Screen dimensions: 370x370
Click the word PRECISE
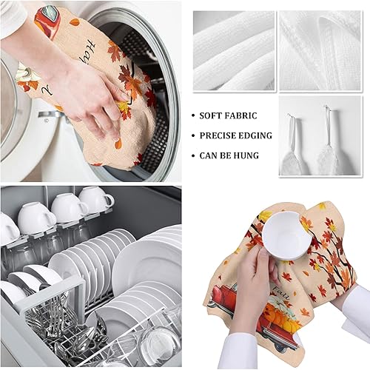pyautogui.click(x=219, y=136)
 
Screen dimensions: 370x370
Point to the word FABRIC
pyautogui.click(x=245, y=116)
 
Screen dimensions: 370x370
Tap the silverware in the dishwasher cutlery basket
pyautogui.click(x=55, y=311)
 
